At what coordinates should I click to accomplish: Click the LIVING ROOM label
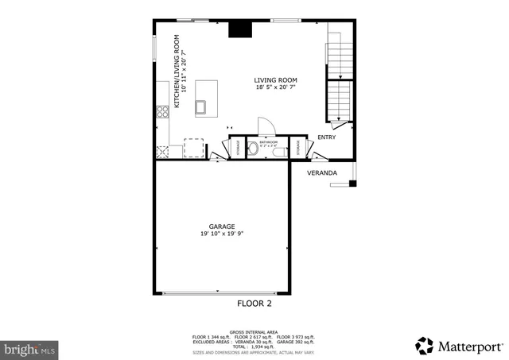coord(275,79)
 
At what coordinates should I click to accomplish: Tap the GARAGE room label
coord(222,226)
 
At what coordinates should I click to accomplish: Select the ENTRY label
coord(326,137)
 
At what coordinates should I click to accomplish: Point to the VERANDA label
coord(322,172)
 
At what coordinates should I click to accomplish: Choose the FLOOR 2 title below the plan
coord(254,304)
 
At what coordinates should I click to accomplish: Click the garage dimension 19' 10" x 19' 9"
coord(222,234)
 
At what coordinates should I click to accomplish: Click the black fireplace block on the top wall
coord(239,29)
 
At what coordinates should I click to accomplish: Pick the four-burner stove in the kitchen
coord(162,111)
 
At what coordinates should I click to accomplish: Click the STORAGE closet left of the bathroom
coord(236,148)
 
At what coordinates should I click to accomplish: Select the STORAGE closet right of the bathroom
coord(297,147)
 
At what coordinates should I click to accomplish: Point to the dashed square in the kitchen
coord(194,148)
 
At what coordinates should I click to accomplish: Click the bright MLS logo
coord(29,348)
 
